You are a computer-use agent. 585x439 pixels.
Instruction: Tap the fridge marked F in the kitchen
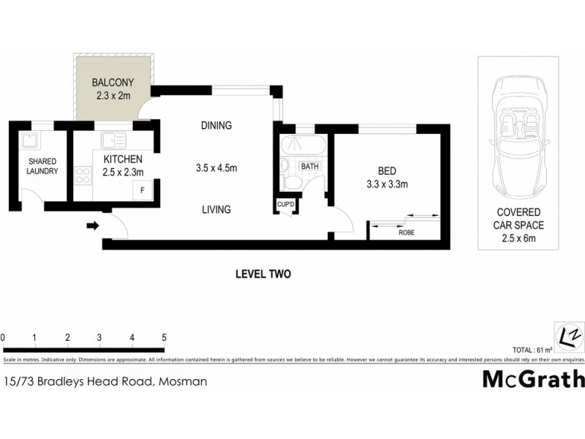[143, 190]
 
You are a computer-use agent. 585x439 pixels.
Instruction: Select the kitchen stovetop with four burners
[83, 176]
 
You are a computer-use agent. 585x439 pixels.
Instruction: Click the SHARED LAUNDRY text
[42, 166]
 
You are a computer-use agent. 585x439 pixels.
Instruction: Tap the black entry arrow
[92, 226]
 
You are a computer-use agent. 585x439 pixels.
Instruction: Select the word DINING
[216, 125]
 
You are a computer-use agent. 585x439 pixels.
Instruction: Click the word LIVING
[216, 209]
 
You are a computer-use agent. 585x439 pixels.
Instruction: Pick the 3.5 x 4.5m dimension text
[216, 168]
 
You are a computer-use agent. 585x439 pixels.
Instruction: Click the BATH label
[310, 167]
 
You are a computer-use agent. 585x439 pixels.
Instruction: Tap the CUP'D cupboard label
[284, 205]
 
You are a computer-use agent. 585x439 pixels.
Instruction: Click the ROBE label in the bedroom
[407, 232]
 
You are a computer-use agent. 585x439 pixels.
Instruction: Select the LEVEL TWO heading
[263, 274]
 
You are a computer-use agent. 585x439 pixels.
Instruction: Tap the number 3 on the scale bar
[99, 338]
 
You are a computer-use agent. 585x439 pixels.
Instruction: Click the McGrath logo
[533, 379]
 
